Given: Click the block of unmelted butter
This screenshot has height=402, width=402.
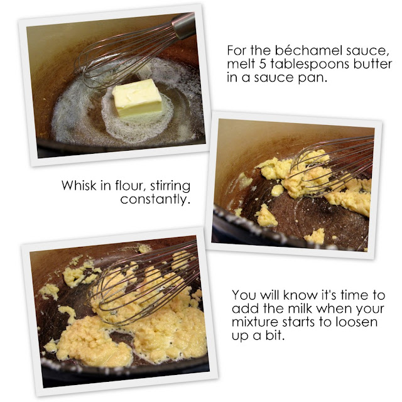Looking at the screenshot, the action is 138,98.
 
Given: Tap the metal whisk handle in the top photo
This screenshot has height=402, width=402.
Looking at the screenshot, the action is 184,26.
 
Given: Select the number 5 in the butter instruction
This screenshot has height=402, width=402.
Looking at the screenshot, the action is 263,64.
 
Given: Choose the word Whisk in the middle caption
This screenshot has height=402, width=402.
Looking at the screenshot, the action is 79,185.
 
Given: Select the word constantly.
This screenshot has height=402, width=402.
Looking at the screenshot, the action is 155,199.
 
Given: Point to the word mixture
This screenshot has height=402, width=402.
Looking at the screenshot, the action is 255,322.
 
